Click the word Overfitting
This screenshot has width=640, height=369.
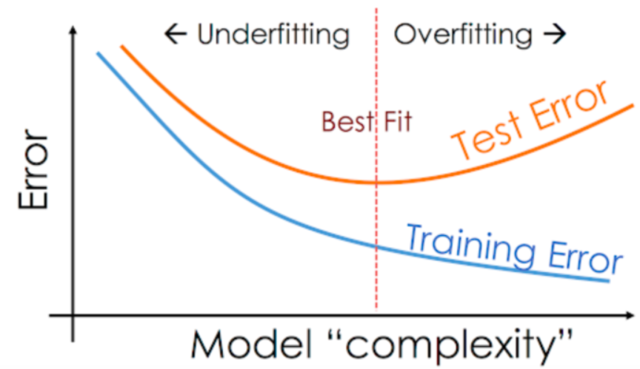tap(462, 34)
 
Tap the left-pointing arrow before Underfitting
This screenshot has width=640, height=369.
tap(174, 34)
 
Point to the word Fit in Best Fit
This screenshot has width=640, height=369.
tap(396, 120)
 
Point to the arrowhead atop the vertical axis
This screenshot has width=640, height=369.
tap(73, 31)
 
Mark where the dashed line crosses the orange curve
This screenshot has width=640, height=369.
tap(377, 182)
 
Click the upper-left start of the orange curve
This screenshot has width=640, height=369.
tap(122, 47)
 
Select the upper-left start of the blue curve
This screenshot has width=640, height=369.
tap(97, 53)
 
